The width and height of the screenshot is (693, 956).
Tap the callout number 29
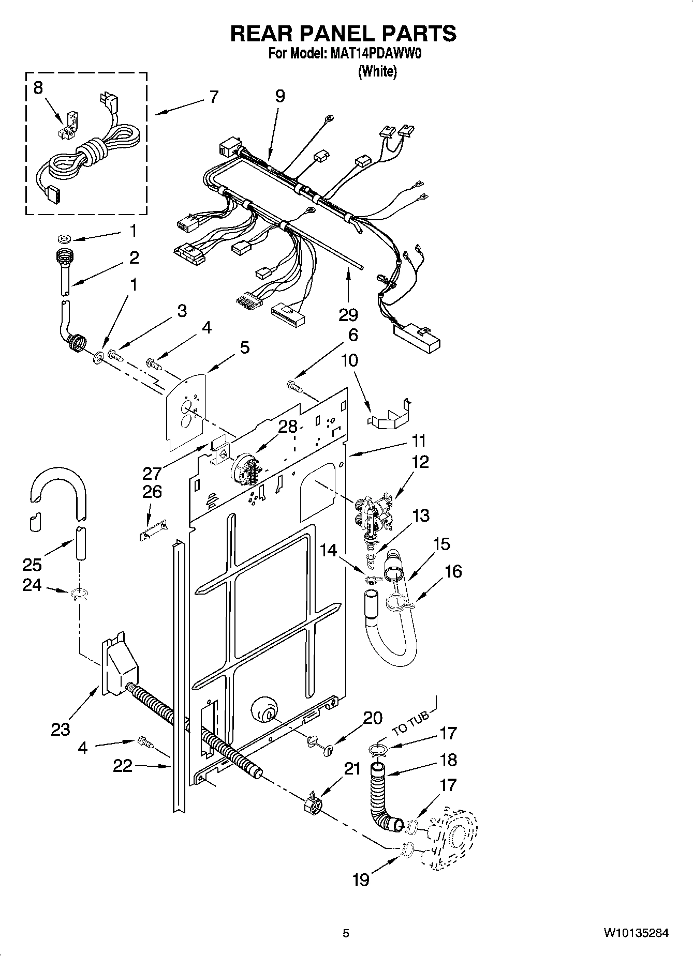pyautogui.click(x=348, y=314)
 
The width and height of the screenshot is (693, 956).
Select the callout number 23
pyautogui.click(x=61, y=730)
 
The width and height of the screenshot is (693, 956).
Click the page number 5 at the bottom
pyautogui.click(x=346, y=933)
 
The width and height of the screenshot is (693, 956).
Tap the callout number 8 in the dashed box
pyautogui.click(x=38, y=88)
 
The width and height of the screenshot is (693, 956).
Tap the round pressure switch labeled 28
pyautogui.click(x=244, y=468)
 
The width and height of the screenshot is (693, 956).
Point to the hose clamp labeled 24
pyautogui.click(x=79, y=594)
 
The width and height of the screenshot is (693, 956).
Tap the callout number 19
pyautogui.click(x=361, y=879)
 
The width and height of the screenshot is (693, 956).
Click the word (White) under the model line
pyautogui.click(x=378, y=71)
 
